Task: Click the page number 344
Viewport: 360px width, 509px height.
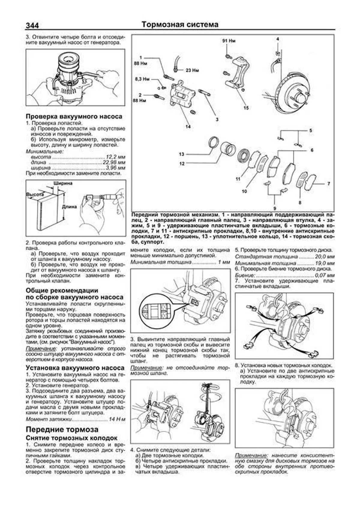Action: (x=32, y=25)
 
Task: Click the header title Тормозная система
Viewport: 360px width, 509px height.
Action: (x=180, y=25)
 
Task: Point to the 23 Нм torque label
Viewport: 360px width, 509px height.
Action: (x=192, y=71)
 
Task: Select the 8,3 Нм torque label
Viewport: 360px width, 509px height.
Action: (x=142, y=79)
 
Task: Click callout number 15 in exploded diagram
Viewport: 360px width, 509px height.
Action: (x=246, y=108)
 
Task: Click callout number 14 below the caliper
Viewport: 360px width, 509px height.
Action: (x=188, y=127)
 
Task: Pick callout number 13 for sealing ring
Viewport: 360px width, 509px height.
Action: (x=181, y=154)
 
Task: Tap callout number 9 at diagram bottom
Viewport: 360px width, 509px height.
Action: (x=274, y=208)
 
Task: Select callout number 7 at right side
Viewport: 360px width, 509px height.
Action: (x=328, y=184)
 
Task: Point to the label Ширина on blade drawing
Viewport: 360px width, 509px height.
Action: (x=63, y=184)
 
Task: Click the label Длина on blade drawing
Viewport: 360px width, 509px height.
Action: (x=70, y=207)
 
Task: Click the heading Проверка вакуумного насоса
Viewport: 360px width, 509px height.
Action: (x=74, y=116)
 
